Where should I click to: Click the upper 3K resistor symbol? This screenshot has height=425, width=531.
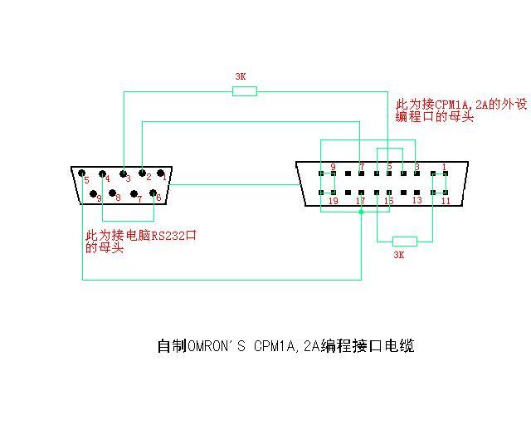pyautogui.click(x=244, y=90)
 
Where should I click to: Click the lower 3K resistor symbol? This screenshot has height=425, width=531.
pyautogui.click(x=404, y=241)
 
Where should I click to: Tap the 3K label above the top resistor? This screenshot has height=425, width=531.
pyautogui.click(x=241, y=76)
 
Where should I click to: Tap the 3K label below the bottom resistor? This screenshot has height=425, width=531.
pyautogui.click(x=398, y=256)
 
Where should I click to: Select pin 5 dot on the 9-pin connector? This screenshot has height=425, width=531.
pyautogui.click(x=82, y=173)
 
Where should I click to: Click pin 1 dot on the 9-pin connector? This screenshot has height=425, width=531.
pyautogui.click(x=161, y=173)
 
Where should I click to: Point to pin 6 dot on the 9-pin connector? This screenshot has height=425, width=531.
pyautogui.click(x=153, y=193)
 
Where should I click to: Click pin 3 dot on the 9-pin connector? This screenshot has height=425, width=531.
pyautogui.click(x=123, y=173)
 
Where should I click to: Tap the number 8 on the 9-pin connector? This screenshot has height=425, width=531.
pyautogui.click(x=118, y=198)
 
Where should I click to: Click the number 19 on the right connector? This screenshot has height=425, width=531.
pyautogui.click(x=334, y=201)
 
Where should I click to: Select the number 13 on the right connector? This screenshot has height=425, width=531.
pyautogui.click(x=417, y=200)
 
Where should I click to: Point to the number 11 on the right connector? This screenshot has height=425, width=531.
pyautogui.click(x=446, y=201)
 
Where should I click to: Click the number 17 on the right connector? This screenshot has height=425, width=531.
pyautogui.click(x=360, y=201)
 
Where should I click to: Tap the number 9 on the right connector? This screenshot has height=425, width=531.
pyautogui.click(x=333, y=168)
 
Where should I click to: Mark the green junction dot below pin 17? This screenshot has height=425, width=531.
pyautogui.click(x=361, y=212)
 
